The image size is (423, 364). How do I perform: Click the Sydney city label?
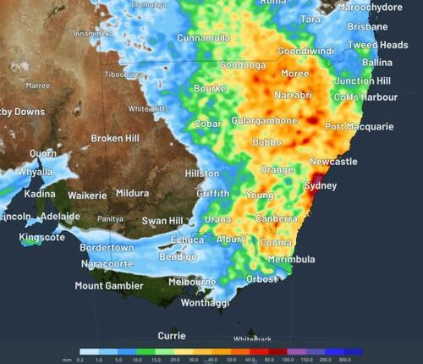(x=320, y=185)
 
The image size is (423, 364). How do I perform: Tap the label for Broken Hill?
(x=118, y=138)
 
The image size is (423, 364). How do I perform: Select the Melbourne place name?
(x=191, y=282)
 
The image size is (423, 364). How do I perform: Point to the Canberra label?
(x=276, y=218)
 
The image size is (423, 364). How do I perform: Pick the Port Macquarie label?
(x=359, y=127)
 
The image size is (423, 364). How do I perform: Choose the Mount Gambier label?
(x=114, y=286)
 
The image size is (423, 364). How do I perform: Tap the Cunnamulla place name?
(x=209, y=38)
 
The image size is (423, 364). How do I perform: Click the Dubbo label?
(x=266, y=142)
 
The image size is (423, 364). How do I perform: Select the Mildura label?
(x=132, y=193)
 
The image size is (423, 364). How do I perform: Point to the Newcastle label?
(x=333, y=161)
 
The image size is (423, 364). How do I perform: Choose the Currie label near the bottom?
(x=171, y=335)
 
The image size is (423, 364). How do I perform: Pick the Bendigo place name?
(x=178, y=256)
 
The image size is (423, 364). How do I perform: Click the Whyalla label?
(x=35, y=172)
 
